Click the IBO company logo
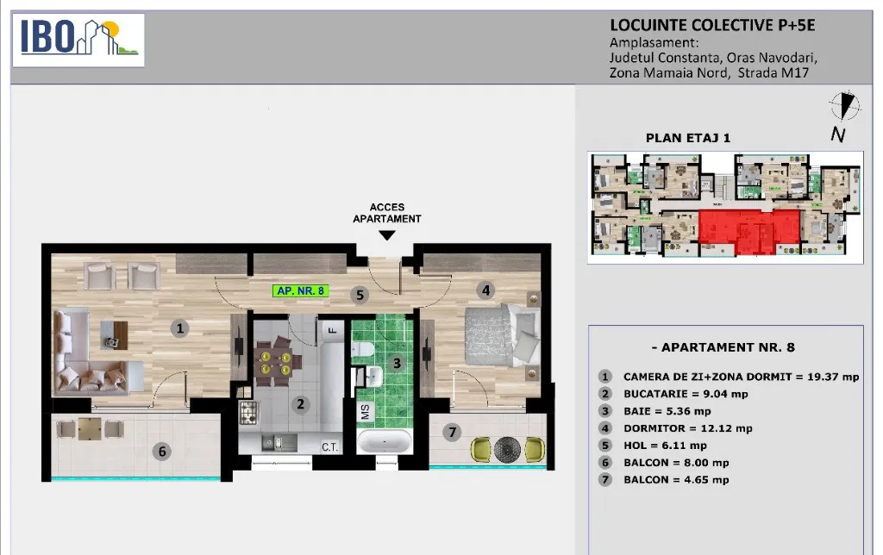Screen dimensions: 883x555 pos(78,40)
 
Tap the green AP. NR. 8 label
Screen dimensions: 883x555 pos(301,291)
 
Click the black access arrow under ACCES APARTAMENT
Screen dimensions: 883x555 pos(387,235)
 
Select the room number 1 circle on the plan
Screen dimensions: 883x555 pos(179,328)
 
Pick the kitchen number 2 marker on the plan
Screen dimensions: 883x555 pos(301,403)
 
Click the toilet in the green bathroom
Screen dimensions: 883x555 pos(362,350)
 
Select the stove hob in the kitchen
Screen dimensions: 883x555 pos(248,413)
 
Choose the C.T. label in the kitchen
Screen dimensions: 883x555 pos(330,447)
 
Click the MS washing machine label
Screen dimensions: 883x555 pos(365,412)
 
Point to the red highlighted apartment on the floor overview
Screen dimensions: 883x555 pos(749,231)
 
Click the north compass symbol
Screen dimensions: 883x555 pos(844,106)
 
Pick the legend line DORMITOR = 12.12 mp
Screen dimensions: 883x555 pos(687,428)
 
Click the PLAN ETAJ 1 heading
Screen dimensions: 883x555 pos(687,138)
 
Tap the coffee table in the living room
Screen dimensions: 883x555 pos(115,335)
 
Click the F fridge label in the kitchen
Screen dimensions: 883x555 pos(332,330)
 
